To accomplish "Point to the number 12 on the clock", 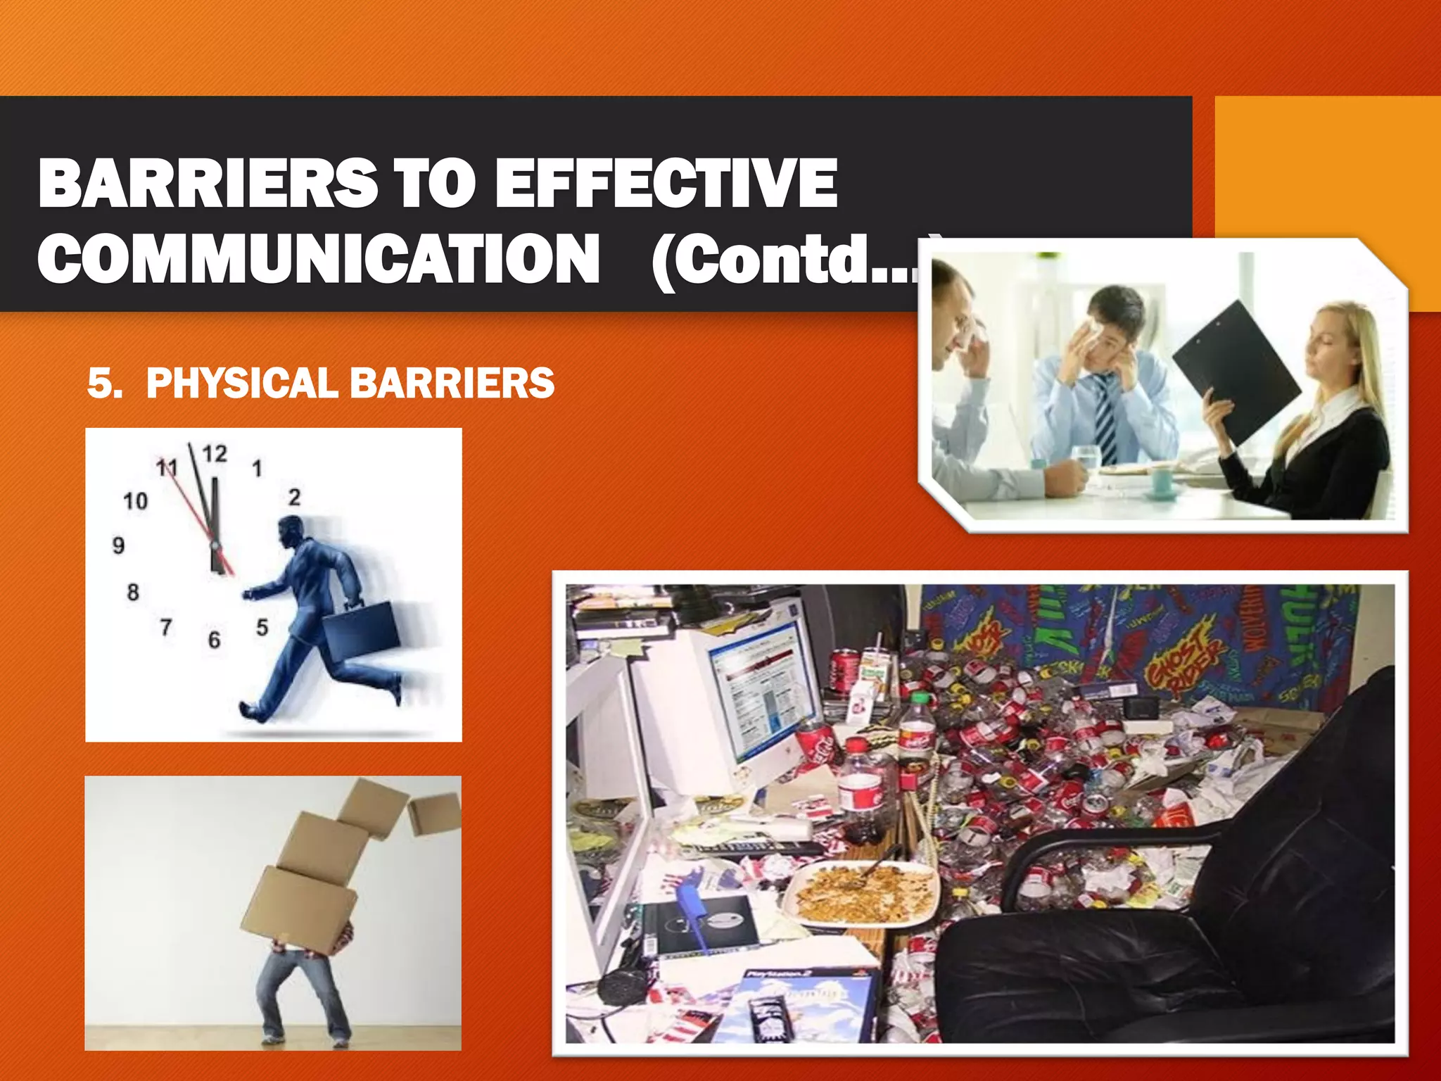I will pos(215,454).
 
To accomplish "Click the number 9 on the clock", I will pos(118,545).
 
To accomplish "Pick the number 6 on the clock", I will pos(214,640).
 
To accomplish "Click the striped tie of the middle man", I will pos(1105,419).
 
